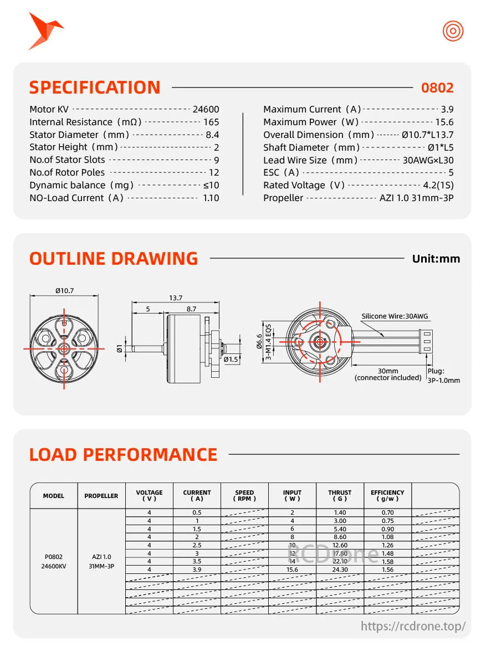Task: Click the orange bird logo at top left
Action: [44, 30]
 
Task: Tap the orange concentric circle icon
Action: [452, 31]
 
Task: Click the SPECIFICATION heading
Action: [95, 88]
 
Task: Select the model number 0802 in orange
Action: [437, 88]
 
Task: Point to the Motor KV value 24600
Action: [206, 110]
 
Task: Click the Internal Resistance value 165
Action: [211, 122]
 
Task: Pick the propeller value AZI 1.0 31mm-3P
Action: [416, 198]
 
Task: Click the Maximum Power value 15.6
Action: [444, 122]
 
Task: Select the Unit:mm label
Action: [436, 259]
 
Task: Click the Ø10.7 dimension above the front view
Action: [64, 291]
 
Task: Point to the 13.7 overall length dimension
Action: [176, 298]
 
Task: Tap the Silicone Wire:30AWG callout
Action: [395, 316]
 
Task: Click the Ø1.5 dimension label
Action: [231, 360]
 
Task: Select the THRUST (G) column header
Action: [340, 496]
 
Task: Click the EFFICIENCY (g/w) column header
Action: [387, 496]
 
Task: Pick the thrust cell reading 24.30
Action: [340, 569]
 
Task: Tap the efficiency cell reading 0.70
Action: [387, 513]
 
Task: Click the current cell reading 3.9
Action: [197, 569]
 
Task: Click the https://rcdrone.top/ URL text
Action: [413, 627]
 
